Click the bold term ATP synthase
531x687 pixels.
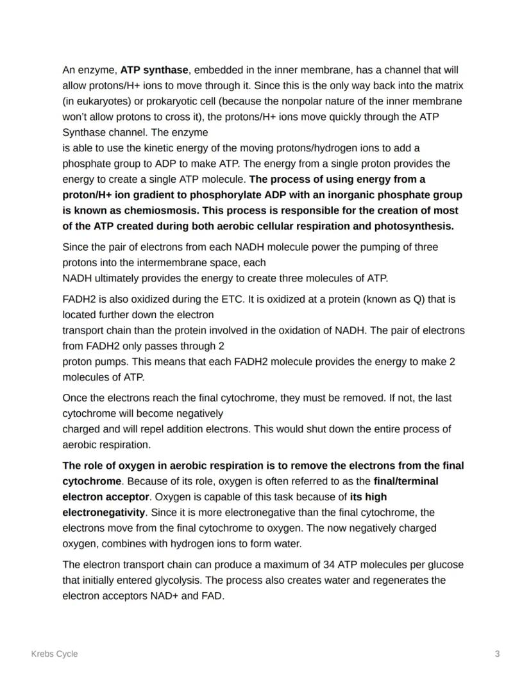154,70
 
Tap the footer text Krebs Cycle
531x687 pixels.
55,654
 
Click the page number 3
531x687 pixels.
497,654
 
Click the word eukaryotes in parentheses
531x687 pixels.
99,101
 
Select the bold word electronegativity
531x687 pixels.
104,512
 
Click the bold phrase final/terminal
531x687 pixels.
406,480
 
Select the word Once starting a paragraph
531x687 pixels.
74,398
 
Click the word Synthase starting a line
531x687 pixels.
82,132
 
